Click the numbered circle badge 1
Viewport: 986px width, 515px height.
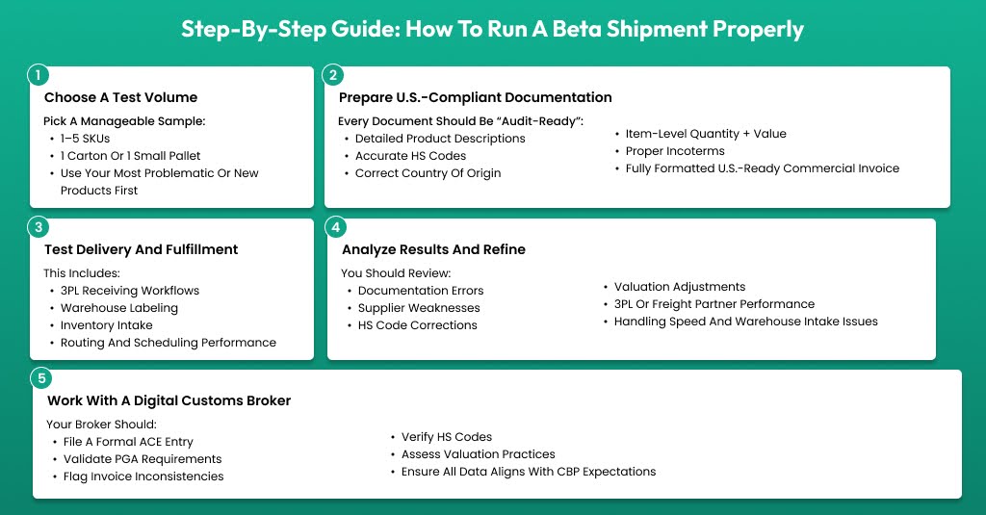pyautogui.click(x=38, y=74)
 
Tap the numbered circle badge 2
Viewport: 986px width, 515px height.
pyautogui.click(x=332, y=74)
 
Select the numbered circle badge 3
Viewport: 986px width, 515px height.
pyautogui.click(x=38, y=227)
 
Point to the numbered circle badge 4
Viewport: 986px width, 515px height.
pyautogui.click(x=335, y=227)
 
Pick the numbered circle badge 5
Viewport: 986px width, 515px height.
pyautogui.click(x=40, y=377)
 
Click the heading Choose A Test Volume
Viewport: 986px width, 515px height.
pyautogui.click(x=120, y=97)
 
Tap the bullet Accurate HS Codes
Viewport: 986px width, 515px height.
pyautogui.click(x=410, y=156)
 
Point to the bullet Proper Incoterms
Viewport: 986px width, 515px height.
pyautogui.click(x=675, y=151)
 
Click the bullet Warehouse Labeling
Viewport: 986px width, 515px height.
pyautogui.click(x=119, y=308)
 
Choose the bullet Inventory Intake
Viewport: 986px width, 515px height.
pyautogui.click(x=108, y=325)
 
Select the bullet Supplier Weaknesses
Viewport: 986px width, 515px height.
pyautogui.click(x=419, y=308)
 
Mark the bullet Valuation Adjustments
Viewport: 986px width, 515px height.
pyautogui.click(x=680, y=287)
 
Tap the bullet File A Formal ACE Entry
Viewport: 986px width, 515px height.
pyautogui.click(x=128, y=442)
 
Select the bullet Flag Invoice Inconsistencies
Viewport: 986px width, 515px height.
pyautogui.click(x=143, y=476)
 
